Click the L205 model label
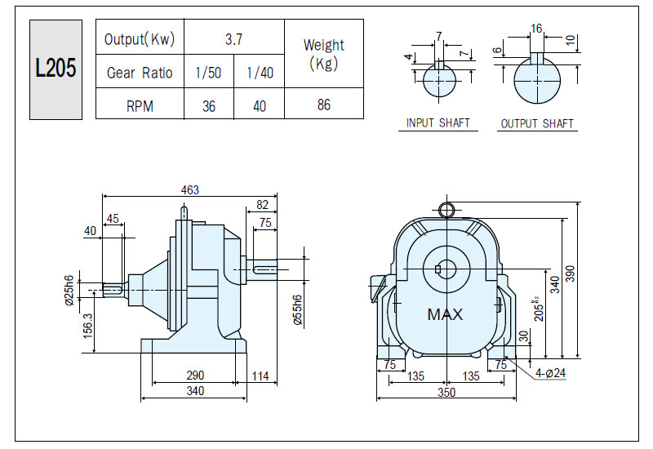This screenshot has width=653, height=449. point(56,68)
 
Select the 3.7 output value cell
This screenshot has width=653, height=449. point(234,39)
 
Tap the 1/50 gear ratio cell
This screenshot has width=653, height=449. point(208,73)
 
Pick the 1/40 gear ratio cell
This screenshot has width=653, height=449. point(260,73)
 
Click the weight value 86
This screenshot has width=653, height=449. point(324,104)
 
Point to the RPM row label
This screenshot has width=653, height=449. point(140,106)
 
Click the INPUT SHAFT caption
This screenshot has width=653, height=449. point(438,123)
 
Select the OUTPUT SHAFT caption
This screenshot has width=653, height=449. point(537,124)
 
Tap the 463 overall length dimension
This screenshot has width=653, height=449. point(190,190)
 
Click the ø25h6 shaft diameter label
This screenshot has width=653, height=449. point(69,291)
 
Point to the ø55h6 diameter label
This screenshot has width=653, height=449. point(297,310)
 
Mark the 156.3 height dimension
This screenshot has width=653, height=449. point(87,326)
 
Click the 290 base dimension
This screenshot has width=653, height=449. point(195,376)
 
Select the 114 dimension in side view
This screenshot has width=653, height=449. point(260,376)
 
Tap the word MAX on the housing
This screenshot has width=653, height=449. point(445,314)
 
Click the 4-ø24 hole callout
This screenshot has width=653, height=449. point(550,373)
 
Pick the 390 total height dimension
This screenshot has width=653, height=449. point(570,273)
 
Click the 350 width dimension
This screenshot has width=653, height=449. point(446,393)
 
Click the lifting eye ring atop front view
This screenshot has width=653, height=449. point(446,203)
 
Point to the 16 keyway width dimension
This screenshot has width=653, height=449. point(536,29)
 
